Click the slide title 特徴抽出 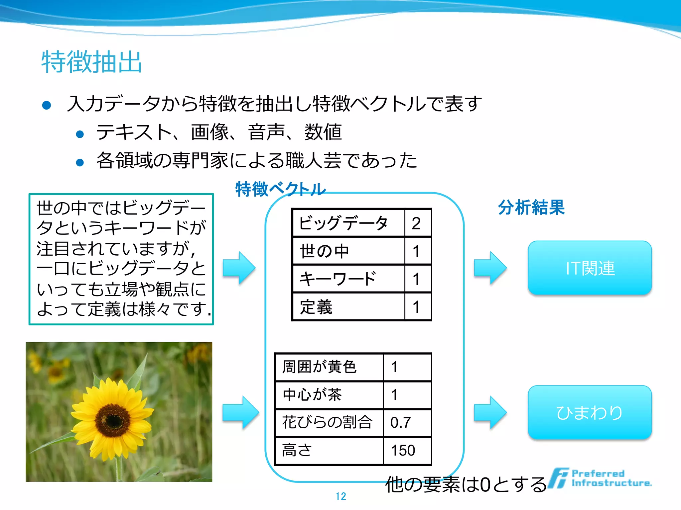92,62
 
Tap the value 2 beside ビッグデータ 416,223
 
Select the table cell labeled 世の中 325,251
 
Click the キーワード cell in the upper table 337,279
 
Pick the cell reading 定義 316,307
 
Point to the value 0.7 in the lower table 401,423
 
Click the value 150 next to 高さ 403,451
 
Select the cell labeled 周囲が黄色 319,367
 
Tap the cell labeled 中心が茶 312,395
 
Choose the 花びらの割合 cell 327,423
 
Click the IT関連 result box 590,268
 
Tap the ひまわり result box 590,412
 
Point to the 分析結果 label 531,208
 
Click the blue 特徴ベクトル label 280,189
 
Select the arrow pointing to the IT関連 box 490,268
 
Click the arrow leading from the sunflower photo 240,412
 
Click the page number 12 341,496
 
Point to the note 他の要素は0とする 466,484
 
